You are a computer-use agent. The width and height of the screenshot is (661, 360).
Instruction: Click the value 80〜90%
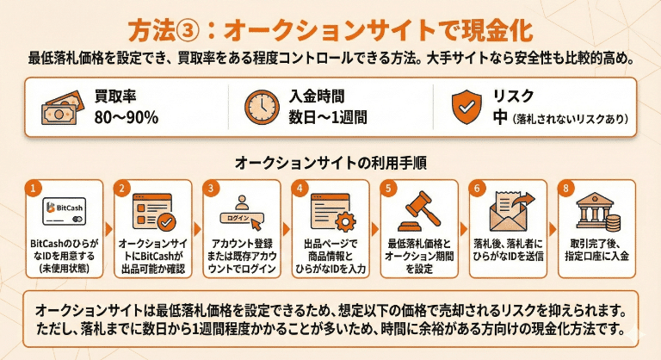(127, 116)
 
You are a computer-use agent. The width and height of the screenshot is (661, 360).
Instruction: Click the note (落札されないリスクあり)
(570, 118)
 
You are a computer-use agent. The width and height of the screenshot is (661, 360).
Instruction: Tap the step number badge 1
(33, 187)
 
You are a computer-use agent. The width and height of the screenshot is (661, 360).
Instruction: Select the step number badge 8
(565, 187)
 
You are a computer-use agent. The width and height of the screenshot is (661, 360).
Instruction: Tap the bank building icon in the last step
(601, 209)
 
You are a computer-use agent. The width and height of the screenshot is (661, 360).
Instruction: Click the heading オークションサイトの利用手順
(331, 162)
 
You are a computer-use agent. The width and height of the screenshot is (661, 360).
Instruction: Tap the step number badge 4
(299, 187)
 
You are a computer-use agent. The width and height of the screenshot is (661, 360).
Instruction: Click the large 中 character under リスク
(501, 116)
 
